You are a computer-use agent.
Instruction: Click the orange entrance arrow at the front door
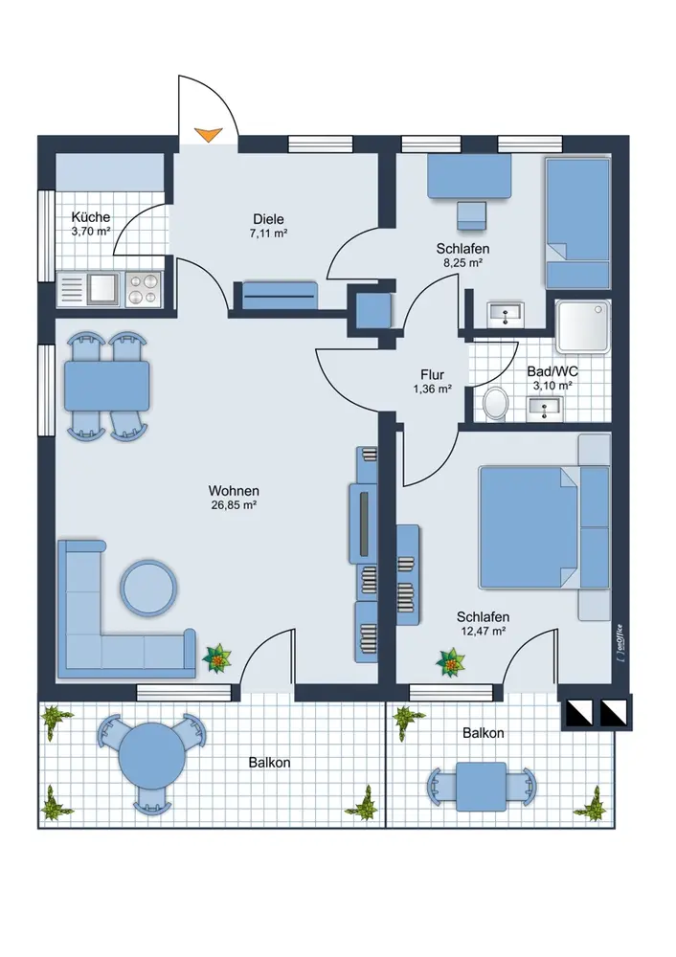click(208, 134)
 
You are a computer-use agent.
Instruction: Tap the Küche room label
click(90, 216)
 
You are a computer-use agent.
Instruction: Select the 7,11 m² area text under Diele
click(269, 233)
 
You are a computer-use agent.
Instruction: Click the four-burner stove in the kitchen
click(144, 289)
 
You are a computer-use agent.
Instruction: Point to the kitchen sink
click(102, 289)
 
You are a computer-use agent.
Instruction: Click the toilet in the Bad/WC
click(496, 402)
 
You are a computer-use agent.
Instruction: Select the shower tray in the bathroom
click(582, 326)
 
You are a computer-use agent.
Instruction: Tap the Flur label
click(432, 374)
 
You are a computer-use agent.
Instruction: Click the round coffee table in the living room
click(148, 588)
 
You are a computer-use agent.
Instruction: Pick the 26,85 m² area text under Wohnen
click(234, 504)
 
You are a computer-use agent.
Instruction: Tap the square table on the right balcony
click(481, 786)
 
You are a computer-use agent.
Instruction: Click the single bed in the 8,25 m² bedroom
click(577, 223)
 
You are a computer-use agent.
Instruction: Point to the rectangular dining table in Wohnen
click(107, 386)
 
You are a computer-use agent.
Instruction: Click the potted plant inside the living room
click(216, 658)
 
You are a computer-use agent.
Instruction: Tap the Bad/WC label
click(552, 371)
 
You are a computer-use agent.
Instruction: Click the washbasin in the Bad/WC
click(545, 409)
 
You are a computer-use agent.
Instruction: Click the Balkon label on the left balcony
click(269, 763)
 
